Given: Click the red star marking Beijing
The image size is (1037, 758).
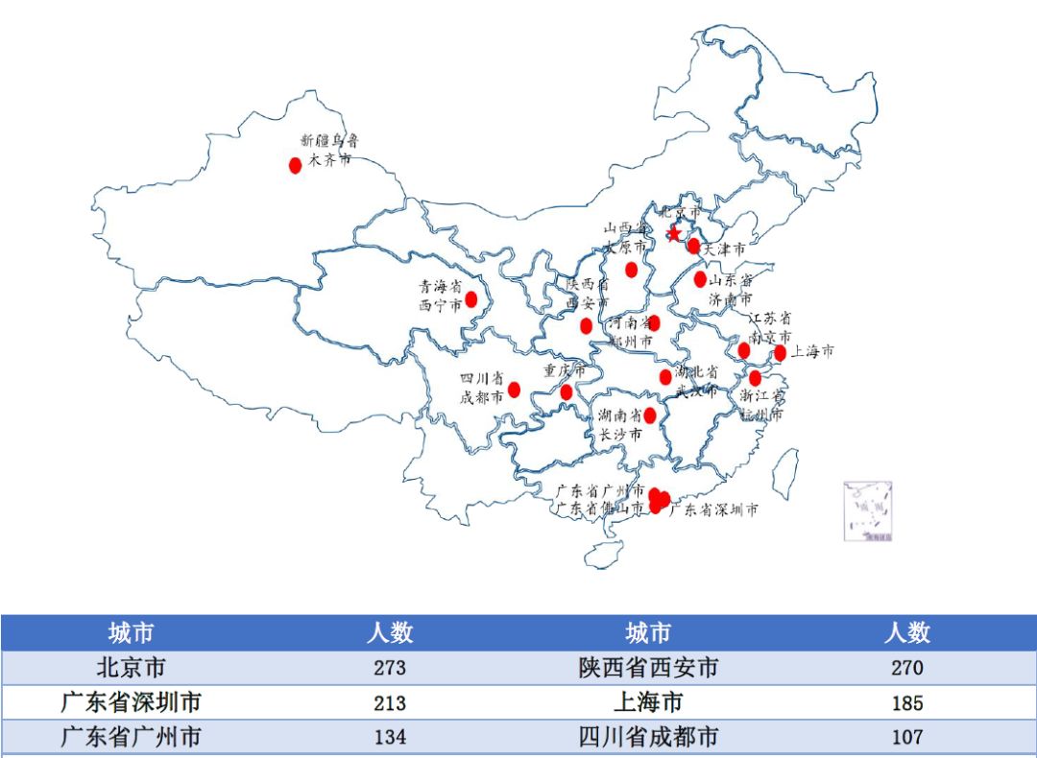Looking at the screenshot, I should pyautogui.click(x=674, y=233).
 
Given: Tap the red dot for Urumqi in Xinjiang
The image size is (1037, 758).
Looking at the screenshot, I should pyautogui.click(x=296, y=165).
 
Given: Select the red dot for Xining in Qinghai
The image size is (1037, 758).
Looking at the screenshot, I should pyautogui.click(x=471, y=299).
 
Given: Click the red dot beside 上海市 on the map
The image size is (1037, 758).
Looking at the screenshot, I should pyautogui.click(x=780, y=353).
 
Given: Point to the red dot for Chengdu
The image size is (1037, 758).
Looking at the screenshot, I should pyautogui.click(x=515, y=390).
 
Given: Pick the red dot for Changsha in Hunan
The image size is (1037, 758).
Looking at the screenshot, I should pyautogui.click(x=650, y=415).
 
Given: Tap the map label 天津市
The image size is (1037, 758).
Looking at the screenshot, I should pyautogui.click(x=725, y=249).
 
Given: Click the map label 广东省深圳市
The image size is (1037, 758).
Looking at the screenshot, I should pyautogui.click(x=713, y=509).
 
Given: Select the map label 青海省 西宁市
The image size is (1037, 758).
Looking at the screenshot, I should pyautogui.click(x=440, y=296).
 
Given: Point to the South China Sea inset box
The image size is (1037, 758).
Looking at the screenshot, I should pyautogui.click(x=868, y=511).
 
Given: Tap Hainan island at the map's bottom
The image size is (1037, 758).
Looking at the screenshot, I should pyautogui.click(x=604, y=554).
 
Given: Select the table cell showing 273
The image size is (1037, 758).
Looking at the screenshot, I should pyautogui.click(x=390, y=668).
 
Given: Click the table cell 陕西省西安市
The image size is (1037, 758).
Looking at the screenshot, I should pyautogui.click(x=648, y=668).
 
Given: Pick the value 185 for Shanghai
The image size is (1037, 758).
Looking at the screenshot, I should pyautogui.click(x=906, y=703).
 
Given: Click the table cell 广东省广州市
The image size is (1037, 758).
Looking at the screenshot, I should pyautogui.click(x=131, y=738).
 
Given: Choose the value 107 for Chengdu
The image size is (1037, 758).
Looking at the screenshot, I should pyautogui.click(x=906, y=738).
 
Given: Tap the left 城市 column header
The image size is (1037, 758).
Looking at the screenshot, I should pyautogui.click(x=131, y=633).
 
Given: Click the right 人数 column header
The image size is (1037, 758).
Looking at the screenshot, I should pyautogui.click(x=906, y=633).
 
